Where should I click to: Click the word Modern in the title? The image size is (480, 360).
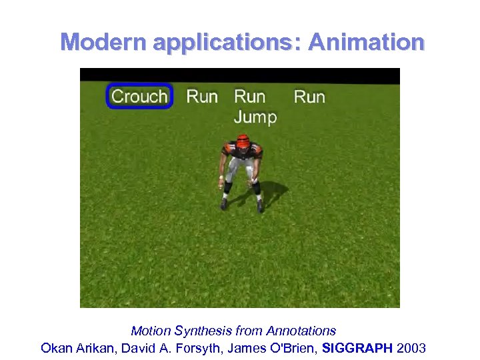103,42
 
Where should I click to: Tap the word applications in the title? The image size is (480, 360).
227,43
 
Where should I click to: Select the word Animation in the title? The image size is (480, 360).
366,42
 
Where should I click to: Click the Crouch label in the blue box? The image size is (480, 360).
139,97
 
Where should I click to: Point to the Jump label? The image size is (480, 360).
255,117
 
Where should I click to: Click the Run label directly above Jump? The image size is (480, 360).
249,97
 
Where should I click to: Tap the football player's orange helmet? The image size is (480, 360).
243,141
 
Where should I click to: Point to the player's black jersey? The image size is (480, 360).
243,152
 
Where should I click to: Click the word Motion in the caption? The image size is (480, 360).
150,331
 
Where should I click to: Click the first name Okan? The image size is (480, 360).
55,348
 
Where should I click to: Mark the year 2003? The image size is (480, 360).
411,348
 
